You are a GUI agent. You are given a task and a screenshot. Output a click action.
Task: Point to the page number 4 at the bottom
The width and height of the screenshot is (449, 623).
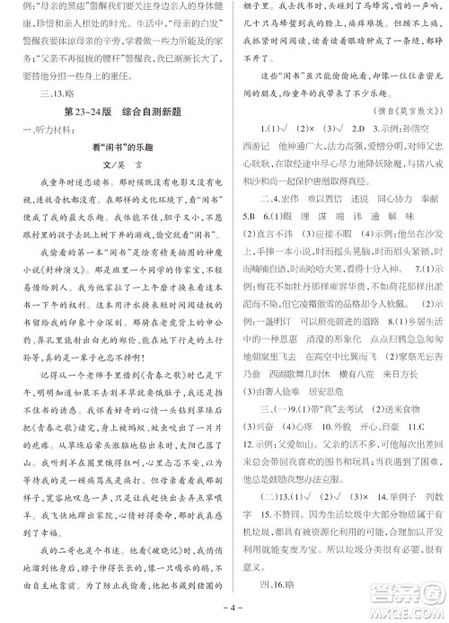tap(224, 612)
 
